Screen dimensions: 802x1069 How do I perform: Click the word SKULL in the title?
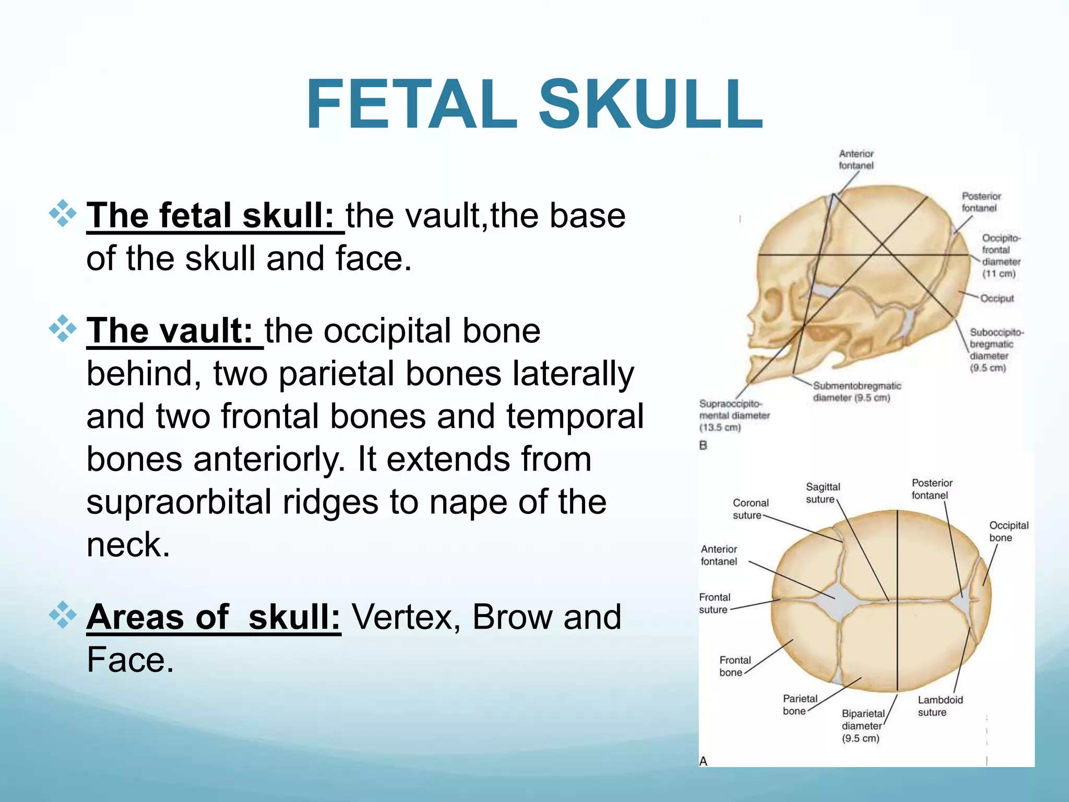coord(651,104)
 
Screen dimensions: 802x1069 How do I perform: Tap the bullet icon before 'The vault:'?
coord(63,329)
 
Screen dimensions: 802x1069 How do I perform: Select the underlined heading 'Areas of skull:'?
coord(213,617)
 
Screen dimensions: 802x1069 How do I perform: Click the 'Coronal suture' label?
coord(750,509)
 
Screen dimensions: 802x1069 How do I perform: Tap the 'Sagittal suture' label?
coord(822,492)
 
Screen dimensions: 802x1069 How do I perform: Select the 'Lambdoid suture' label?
coord(940,706)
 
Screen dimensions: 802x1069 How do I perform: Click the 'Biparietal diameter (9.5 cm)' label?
coord(862,726)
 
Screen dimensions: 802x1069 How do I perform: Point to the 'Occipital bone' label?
coord(1008,531)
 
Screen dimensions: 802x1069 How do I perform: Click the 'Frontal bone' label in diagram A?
coord(734,666)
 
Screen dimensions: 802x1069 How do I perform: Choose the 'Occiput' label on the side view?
coord(996,298)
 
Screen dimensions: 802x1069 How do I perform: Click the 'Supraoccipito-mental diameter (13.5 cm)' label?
coord(733,416)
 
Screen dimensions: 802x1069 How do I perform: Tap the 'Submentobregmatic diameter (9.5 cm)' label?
coord(856,392)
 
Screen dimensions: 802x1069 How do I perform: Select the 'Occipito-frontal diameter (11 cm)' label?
coord(1001,256)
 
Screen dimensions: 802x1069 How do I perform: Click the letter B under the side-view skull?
coord(703,445)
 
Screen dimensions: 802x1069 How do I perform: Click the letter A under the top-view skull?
coord(703,761)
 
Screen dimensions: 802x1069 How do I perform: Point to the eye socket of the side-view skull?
coord(774,303)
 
